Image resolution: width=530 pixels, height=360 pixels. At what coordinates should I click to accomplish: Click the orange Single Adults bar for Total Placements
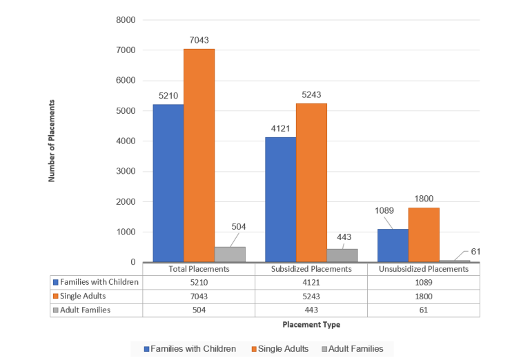[x=199, y=155]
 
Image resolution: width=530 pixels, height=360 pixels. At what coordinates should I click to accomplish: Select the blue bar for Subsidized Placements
[x=280, y=199]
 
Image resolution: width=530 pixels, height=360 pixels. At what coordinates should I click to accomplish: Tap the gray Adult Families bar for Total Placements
[x=230, y=254]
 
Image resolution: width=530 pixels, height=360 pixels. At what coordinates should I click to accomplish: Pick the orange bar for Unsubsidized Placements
[x=424, y=234]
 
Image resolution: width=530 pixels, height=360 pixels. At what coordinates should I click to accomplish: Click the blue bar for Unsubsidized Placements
[x=393, y=246]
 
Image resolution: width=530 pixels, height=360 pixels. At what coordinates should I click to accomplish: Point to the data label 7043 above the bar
[x=199, y=40]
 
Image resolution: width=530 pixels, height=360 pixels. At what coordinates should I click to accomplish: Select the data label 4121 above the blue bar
[x=280, y=128]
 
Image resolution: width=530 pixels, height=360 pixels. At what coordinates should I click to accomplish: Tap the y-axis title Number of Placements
[x=52, y=141]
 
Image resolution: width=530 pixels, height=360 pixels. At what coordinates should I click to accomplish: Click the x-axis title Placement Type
[x=311, y=324]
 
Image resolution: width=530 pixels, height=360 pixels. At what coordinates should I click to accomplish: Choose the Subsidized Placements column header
[x=311, y=269]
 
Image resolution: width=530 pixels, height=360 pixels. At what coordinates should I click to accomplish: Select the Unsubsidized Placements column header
[x=423, y=269]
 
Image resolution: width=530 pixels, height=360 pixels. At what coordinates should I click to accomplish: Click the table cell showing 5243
[x=311, y=295]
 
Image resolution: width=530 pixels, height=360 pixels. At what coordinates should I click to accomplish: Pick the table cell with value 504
[x=199, y=310]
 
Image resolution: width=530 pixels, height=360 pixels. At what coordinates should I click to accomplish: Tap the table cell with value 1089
[x=423, y=281]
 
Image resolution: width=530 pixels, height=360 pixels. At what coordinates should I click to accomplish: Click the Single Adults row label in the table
[x=86, y=295]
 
